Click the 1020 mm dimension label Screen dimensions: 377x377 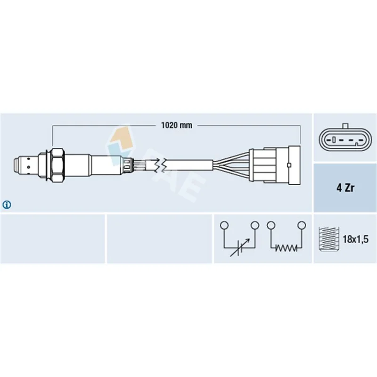pyautogui.click(x=176, y=125)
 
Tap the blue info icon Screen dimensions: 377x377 pyautogui.click(x=7, y=205)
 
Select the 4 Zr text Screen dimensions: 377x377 pyautogui.click(x=345, y=188)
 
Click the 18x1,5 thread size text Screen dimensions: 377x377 pyautogui.click(x=355, y=239)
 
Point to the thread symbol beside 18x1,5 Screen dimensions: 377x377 pyautogui.click(x=328, y=239)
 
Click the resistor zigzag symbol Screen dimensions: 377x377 pyautogui.click(x=286, y=248)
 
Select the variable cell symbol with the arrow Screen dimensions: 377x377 pyautogui.click(x=240, y=248)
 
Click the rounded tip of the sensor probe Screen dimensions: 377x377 pyautogui.click(x=16, y=165)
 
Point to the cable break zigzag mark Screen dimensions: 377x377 pyautogui.click(x=161, y=165)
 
